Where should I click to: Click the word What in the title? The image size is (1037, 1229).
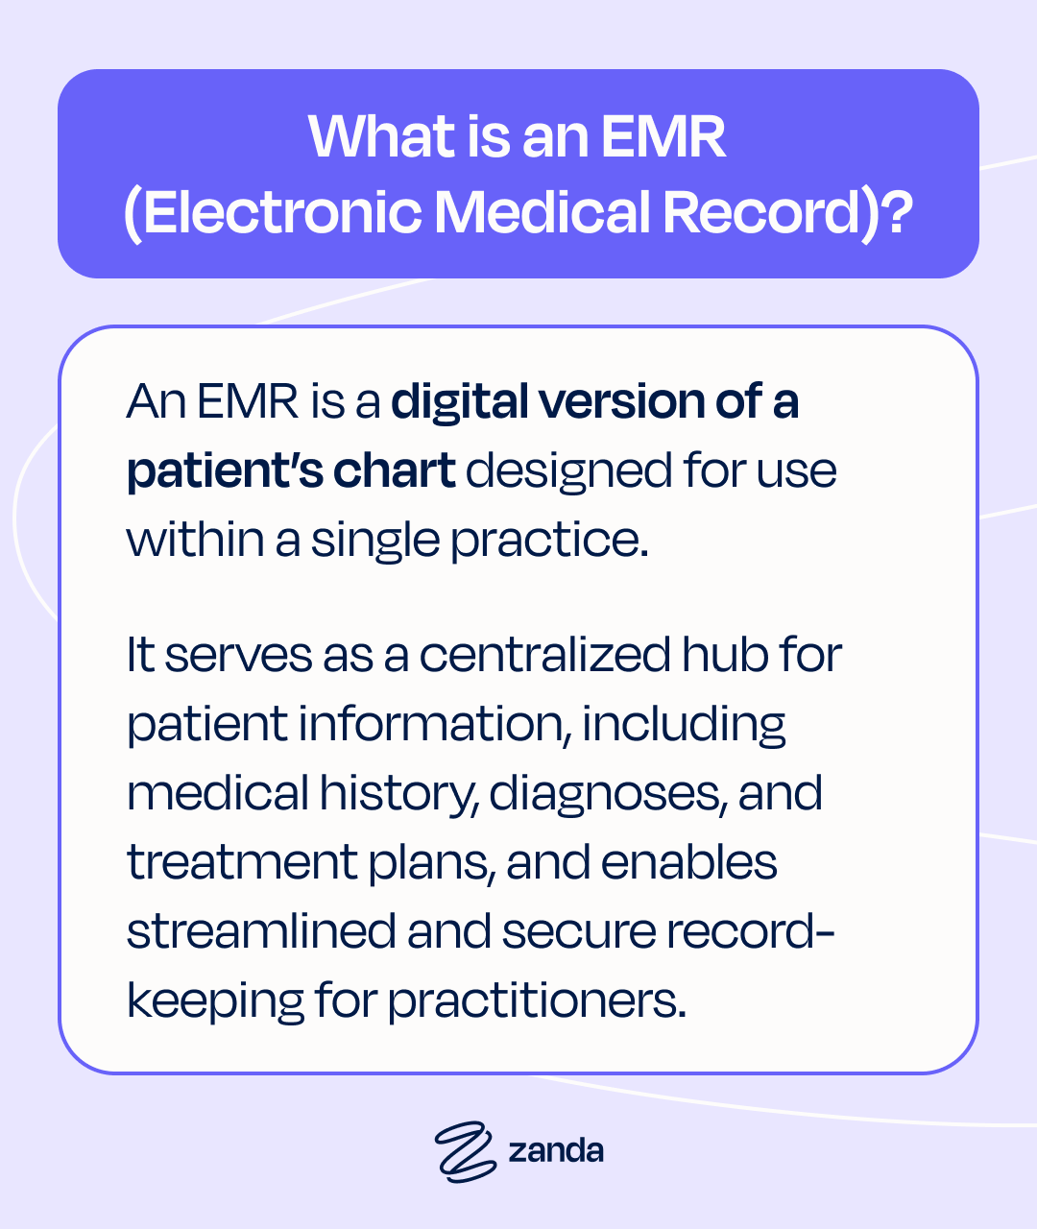click(x=381, y=136)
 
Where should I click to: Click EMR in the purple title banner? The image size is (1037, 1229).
click(x=663, y=136)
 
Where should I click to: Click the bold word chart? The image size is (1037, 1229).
click(x=394, y=470)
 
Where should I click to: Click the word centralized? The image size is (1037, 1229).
click(x=544, y=656)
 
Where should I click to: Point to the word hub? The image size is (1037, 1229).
click(x=725, y=655)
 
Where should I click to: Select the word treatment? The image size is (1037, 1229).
click(x=243, y=863)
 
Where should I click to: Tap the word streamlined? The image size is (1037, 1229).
click(x=261, y=931)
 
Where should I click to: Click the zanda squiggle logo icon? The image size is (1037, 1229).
click(x=465, y=1152)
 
